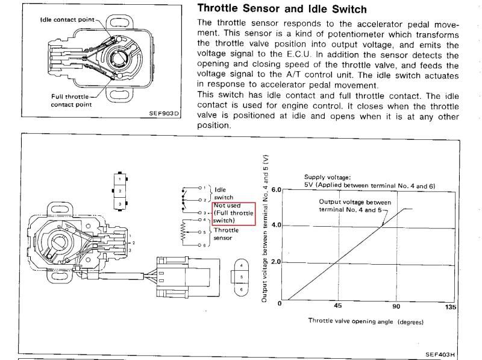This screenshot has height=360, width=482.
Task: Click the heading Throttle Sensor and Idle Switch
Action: click(283, 10)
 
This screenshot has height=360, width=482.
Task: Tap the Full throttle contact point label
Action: click(71, 100)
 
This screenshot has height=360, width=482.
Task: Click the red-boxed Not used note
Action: click(234, 213)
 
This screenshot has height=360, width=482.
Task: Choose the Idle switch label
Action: click(224, 193)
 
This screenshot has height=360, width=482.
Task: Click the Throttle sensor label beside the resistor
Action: click(226, 234)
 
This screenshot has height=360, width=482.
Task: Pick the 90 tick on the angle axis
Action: click(396, 306)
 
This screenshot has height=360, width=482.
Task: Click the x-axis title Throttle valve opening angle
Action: click(365, 321)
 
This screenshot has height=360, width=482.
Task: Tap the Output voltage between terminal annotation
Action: click(355, 205)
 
